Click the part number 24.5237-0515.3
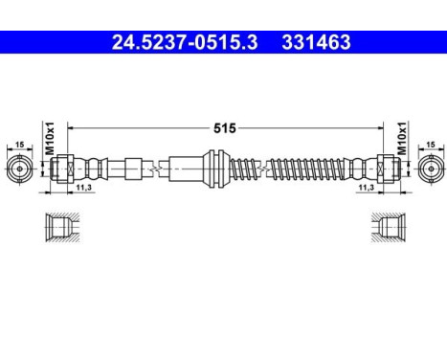click(181, 42)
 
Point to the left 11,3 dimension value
click(82, 189)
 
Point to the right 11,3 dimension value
click(367, 189)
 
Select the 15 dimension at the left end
click(18, 145)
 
